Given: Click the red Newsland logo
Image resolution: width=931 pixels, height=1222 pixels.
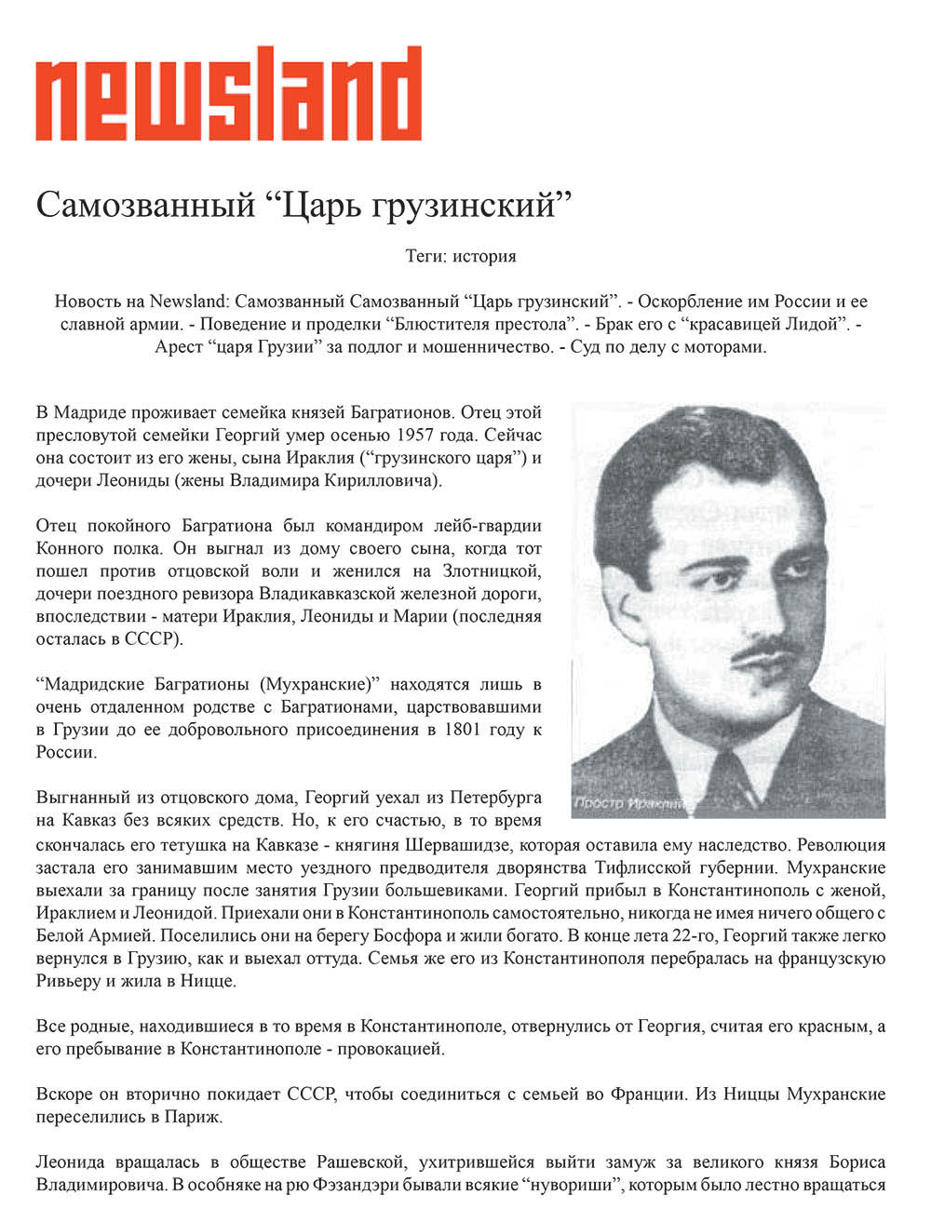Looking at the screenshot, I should (228, 93).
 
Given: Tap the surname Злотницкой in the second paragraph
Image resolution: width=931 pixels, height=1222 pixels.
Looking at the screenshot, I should (490, 571).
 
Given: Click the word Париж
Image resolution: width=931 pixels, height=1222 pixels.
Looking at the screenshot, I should (194, 1117).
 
